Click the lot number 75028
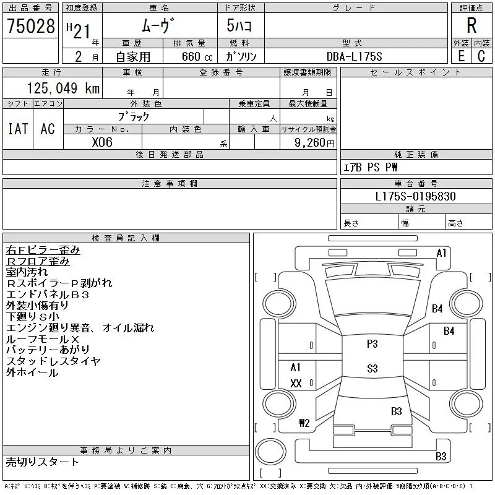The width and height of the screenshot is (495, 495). pos(30,27)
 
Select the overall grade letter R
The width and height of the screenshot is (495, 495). pos(471,26)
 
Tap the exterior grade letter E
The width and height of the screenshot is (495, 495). pos(461,56)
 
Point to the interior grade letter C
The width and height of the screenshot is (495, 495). pos(481,56)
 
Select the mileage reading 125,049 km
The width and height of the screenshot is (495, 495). pos(63,88)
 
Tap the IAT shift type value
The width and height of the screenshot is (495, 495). pos(18,129)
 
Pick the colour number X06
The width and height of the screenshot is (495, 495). pos(102,142)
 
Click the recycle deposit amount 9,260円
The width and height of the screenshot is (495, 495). pos(315,142)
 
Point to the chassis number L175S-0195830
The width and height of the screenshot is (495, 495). pos(416,196)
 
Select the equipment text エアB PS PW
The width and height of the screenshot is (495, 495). pos(371,167)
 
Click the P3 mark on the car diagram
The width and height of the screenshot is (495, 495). pos(372,344)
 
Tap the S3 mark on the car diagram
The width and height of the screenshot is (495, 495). pos(372,369)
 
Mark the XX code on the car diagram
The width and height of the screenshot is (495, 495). pos(296,384)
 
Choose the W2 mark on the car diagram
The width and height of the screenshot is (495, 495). pos(304,423)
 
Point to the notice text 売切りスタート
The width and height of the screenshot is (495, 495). pos(42,462)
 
